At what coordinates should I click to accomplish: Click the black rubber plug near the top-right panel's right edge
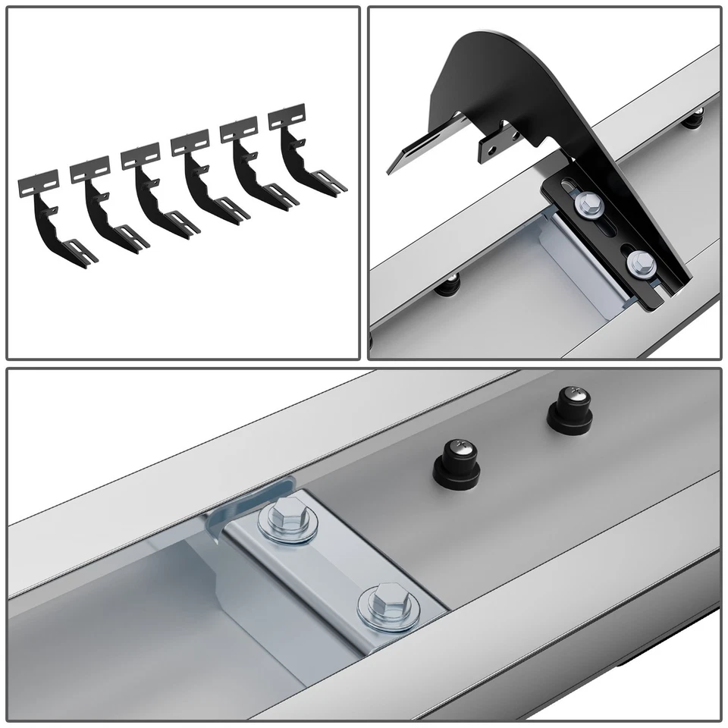[x=694, y=119]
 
